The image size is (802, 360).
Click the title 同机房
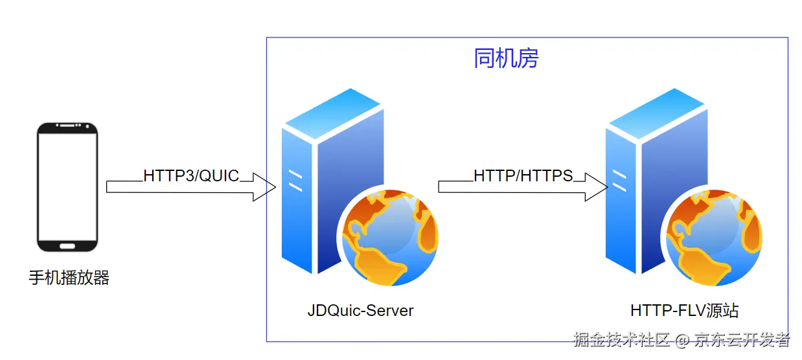coord(506,58)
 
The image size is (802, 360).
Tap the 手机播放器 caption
coord(69,278)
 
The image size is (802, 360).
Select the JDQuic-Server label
coord(360,311)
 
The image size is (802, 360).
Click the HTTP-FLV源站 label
coord(684,311)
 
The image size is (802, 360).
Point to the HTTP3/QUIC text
coord(191,175)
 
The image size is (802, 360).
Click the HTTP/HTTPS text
coord(523,175)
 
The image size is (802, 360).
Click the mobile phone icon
coord(67,188)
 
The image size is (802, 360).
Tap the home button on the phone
coord(67,246)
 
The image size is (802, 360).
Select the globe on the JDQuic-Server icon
coord(390,238)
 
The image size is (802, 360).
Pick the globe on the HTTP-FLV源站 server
coord(715,238)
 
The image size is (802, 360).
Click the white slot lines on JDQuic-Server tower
coord(295,181)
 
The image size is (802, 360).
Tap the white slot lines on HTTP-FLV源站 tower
coord(619,181)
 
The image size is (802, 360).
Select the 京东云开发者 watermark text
coord(742,339)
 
